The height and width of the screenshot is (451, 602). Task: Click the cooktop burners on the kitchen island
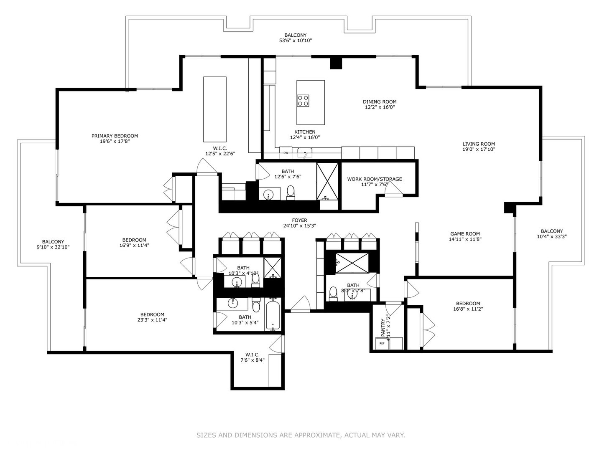(303, 101)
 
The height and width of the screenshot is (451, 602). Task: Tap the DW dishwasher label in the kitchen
(286, 153)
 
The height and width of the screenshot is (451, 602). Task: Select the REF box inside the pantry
(382, 343)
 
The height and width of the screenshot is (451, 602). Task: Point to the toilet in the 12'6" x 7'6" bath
(291, 192)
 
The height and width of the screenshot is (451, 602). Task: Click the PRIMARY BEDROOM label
(115, 136)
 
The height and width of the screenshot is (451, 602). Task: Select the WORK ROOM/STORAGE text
(374, 179)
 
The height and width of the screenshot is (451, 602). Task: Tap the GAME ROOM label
(465, 234)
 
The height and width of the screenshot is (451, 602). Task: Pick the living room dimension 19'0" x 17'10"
(478, 149)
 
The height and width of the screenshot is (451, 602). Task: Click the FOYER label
(299, 220)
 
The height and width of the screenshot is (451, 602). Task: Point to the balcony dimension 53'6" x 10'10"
(295, 41)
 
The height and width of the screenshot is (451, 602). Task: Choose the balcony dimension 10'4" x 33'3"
(552, 236)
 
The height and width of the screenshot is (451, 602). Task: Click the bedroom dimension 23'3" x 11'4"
(152, 320)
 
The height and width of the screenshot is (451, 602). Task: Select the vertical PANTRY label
(383, 328)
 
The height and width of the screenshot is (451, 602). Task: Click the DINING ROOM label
(380, 101)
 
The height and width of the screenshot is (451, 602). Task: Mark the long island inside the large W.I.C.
(215, 109)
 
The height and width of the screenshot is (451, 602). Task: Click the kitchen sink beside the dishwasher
(305, 153)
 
